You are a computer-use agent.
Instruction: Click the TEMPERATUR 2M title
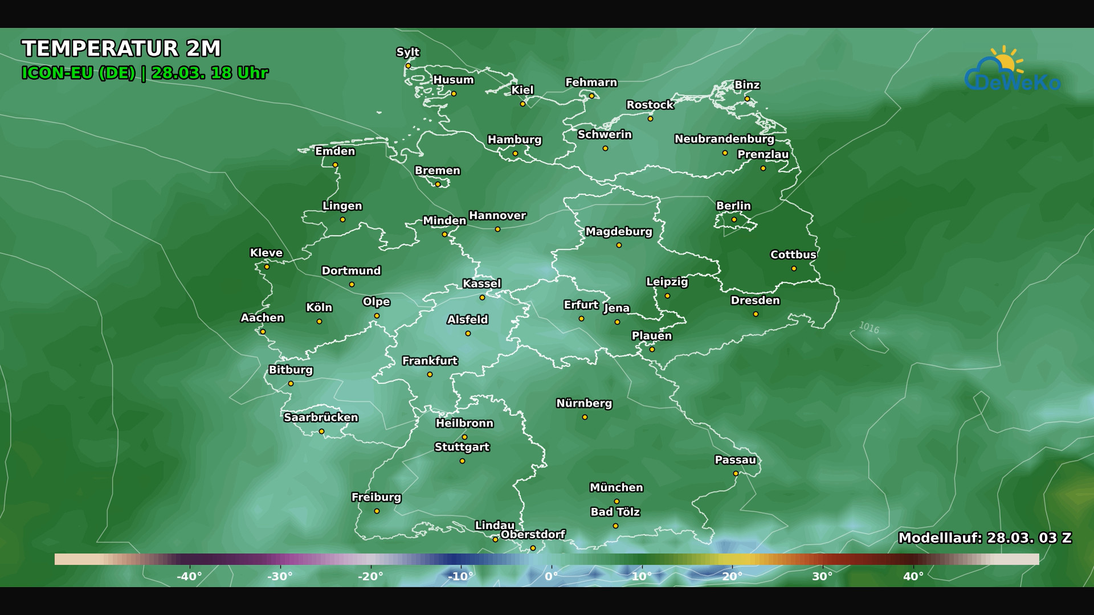point(121,49)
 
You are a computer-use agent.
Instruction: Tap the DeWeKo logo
point(1012,71)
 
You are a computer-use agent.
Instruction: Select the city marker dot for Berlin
point(734,220)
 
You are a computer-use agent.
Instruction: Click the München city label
point(616,488)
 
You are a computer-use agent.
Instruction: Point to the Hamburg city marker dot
point(515,154)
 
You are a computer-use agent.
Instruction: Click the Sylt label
point(407,52)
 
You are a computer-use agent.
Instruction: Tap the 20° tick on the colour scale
point(732,576)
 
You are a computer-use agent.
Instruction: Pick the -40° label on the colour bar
point(189,576)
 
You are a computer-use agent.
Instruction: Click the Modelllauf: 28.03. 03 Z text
point(985,538)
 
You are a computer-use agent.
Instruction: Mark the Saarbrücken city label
point(321,417)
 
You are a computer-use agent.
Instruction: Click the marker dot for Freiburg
point(377,511)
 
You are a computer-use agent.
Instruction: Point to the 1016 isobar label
point(869,328)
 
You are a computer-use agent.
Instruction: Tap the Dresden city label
point(755,301)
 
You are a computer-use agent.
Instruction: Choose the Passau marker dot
point(736,474)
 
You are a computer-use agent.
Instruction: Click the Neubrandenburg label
point(724,139)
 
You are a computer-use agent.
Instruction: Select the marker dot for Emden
point(335,165)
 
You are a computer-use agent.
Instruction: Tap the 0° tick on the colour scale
point(552,576)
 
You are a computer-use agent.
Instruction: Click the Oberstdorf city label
point(533,535)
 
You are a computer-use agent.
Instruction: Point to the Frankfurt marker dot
point(430,375)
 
